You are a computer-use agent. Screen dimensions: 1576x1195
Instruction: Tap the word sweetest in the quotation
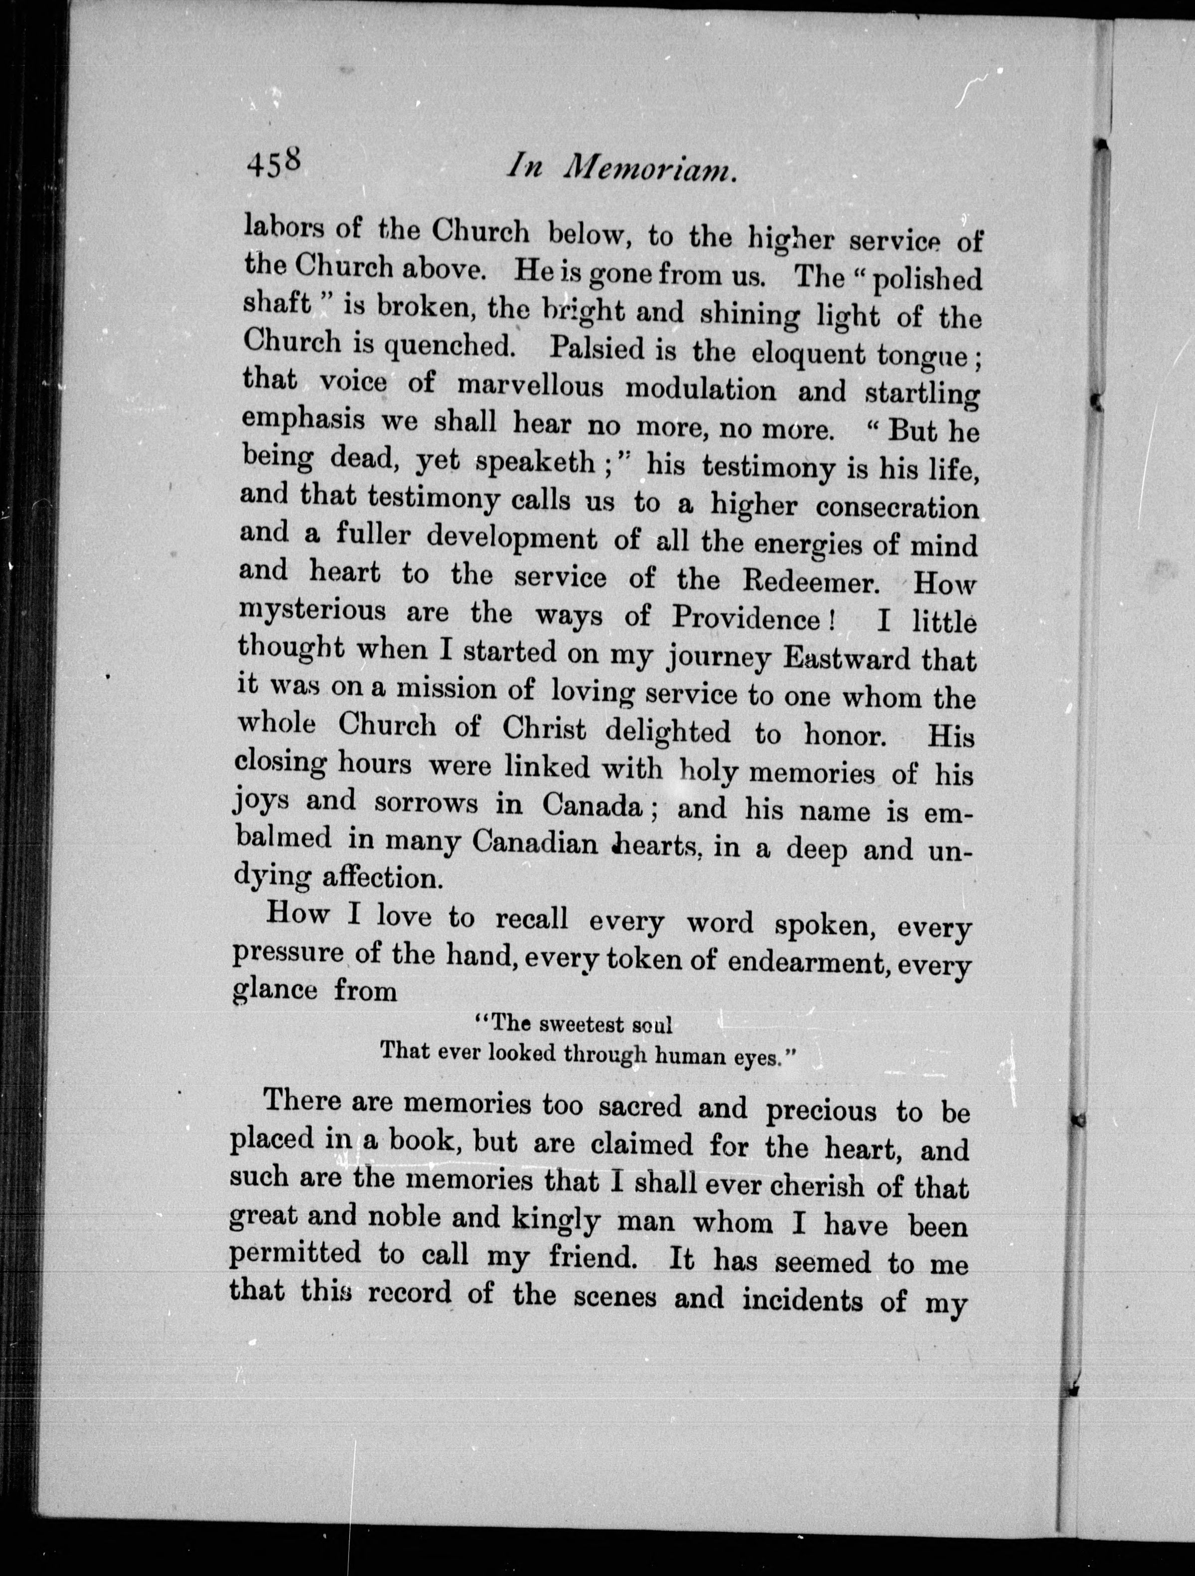575,1025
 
